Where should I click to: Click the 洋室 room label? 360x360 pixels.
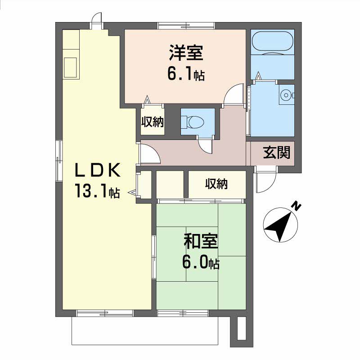coord(186,53)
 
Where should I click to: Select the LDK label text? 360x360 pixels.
coord(98,170)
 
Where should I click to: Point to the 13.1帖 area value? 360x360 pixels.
coord(97,191)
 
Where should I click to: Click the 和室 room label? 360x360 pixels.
coord(201,241)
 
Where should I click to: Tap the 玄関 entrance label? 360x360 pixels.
coord(277,153)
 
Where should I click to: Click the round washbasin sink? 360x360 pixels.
coord(286,94)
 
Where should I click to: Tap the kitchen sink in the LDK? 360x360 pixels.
coord(70,67)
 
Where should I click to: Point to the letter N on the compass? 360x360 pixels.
coord(296,207)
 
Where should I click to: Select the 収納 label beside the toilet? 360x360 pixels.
coord(153,121)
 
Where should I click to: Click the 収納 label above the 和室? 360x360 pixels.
coord(216,184)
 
